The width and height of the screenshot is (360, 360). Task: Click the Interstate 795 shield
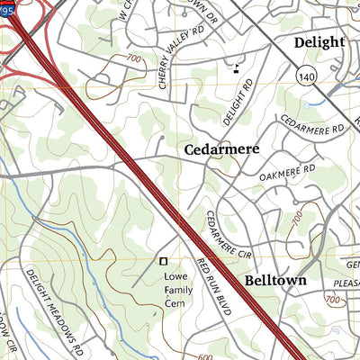click(8, 8)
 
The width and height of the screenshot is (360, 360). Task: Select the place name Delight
click(319, 42)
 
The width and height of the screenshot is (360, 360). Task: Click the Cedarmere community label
click(221, 150)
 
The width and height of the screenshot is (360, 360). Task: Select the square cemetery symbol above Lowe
click(163, 261)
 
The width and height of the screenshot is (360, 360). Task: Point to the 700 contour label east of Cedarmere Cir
click(298, 216)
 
